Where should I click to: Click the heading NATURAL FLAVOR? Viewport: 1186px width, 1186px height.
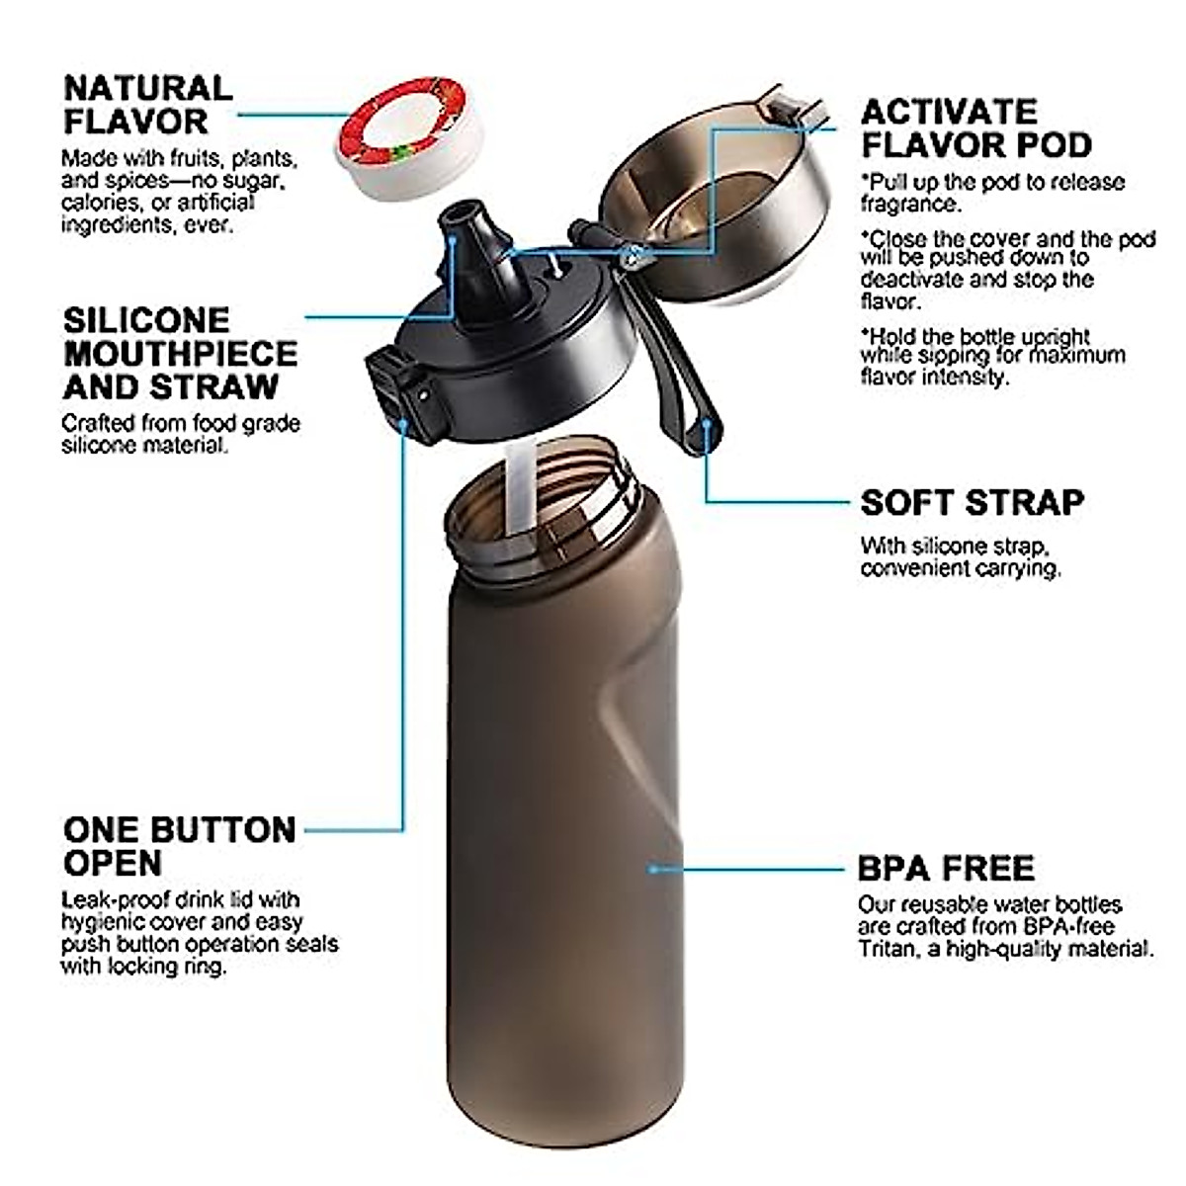pyautogui.click(x=148, y=104)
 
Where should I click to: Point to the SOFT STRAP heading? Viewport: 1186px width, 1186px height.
pyautogui.click(x=972, y=502)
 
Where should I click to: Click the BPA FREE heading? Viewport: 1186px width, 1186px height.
pyautogui.click(x=946, y=868)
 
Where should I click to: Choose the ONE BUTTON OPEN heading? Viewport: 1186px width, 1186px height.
pyautogui.click(x=179, y=845)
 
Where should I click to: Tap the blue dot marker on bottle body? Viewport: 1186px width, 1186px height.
pyautogui.click(x=652, y=869)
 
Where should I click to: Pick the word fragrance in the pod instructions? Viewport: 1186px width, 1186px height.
pyautogui.click(x=908, y=205)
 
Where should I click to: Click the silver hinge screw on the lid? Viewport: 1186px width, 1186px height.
pyautogui.click(x=631, y=258)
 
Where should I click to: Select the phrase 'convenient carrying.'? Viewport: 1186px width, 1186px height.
pyautogui.click(x=960, y=568)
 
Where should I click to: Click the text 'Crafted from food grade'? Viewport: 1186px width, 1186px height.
pyautogui.click(x=180, y=423)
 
